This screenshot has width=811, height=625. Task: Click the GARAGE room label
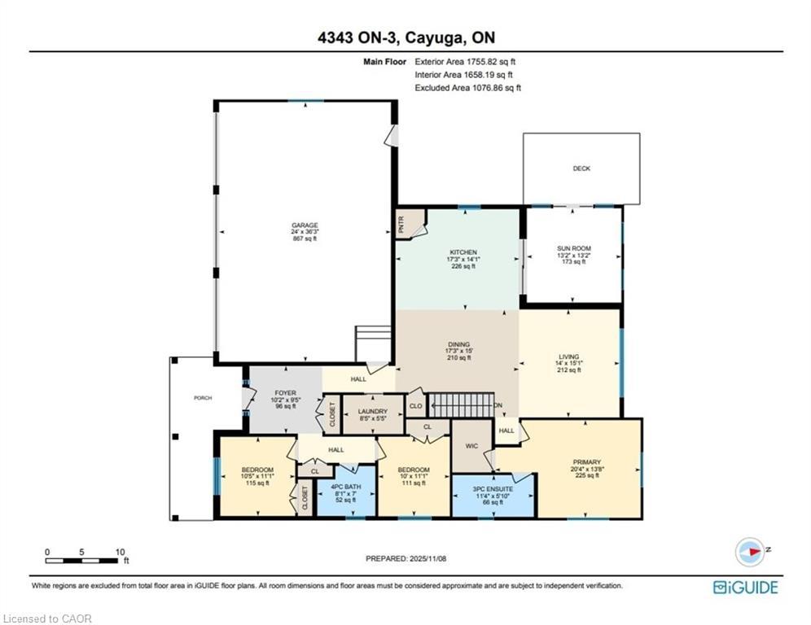coord(305,225)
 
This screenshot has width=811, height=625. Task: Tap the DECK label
coord(581,168)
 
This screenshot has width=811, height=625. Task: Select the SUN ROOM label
coord(573,249)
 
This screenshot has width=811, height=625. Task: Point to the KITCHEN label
coord(463,252)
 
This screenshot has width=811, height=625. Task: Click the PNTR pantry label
coord(402,224)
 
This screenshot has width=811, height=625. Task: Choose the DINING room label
coord(458,344)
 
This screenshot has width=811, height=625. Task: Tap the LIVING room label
coord(569,356)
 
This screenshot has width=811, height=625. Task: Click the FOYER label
coord(285,393)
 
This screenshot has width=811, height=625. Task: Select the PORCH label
coord(203,398)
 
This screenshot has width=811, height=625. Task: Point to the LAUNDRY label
coord(373,412)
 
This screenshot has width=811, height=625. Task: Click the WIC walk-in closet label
coord(471,446)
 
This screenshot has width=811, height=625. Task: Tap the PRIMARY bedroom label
coord(586,462)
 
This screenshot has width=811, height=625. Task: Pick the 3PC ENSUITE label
coord(493,489)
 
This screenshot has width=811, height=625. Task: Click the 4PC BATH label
coord(346,487)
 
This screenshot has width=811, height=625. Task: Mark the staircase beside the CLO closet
coord(462,405)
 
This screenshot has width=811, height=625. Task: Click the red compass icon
coord(751,552)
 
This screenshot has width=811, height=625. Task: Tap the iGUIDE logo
coord(745,588)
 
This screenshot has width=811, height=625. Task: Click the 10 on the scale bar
coord(120,552)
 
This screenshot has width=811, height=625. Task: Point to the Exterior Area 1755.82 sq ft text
coord(465,62)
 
